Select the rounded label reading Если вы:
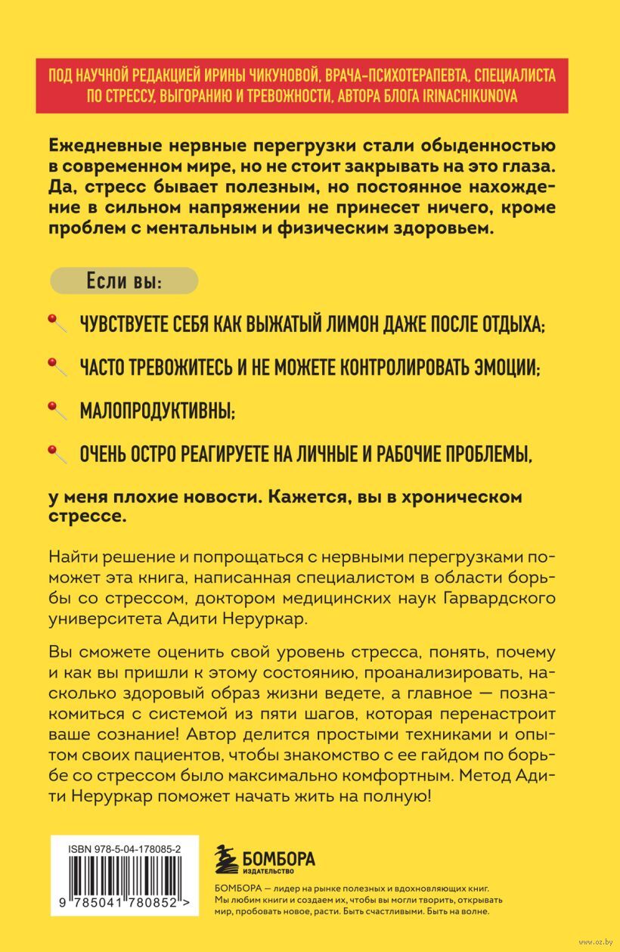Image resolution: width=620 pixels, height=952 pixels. pyautogui.click(x=124, y=281)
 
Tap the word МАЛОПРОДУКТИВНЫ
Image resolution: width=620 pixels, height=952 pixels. pyautogui.click(x=157, y=411)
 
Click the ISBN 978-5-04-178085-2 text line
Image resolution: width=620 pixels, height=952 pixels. pyautogui.click(x=126, y=850)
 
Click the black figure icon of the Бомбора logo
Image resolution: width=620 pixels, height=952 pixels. pyautogui.click(x=225, y=861)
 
